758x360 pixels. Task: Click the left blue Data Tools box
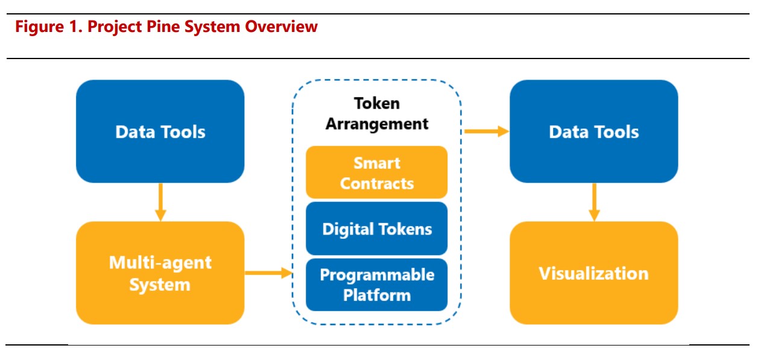point(160,131)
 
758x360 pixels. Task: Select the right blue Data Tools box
point(594,131)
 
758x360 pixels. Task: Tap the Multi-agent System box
point(160,273)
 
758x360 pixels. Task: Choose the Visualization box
point(594,273)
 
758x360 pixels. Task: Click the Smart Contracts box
point(377,172)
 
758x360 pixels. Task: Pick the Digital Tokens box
point(377,229)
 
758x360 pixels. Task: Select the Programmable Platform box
point(377,285)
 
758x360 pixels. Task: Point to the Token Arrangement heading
point(377,113)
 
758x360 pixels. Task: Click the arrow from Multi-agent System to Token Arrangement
point(269,273)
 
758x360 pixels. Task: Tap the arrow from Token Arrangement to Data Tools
point(487,131)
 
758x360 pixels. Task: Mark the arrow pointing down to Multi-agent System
point(160,203)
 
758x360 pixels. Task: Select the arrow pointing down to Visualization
point(594,203)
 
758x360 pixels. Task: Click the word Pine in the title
point(163,27)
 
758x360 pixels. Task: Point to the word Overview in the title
point(281,27)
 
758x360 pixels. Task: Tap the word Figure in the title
point(40,27)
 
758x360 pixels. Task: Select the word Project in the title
point(115,27)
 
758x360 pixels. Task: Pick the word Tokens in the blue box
point(405,229)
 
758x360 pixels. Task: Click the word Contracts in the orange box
point(377,183)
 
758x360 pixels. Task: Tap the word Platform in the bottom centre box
point(377,295)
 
